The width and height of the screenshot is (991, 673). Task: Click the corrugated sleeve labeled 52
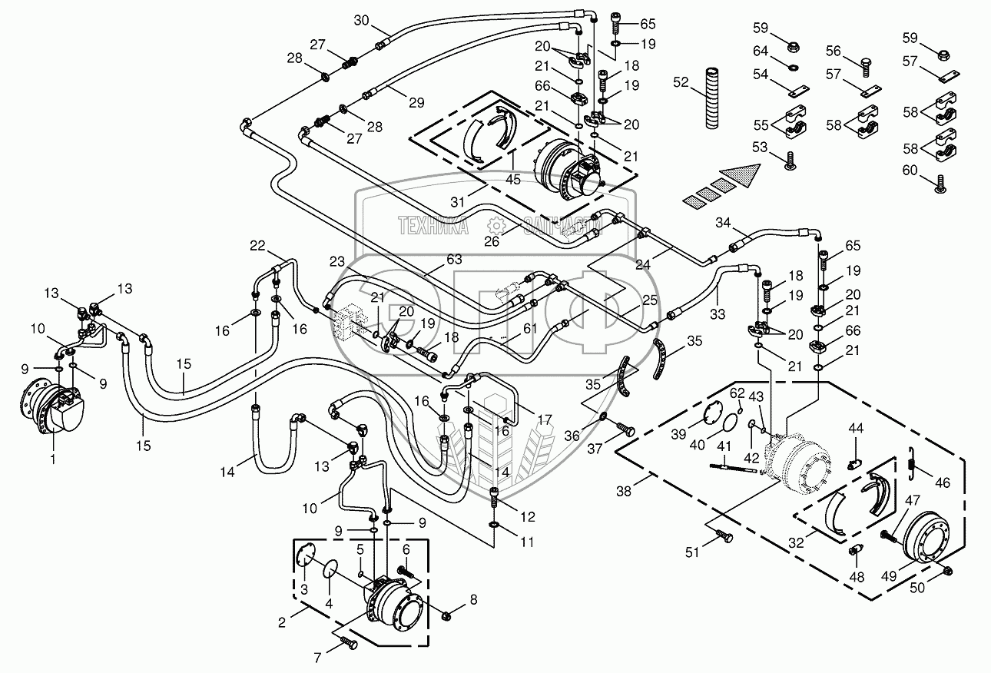[x=713, y=98]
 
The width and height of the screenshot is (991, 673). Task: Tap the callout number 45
[x=513, y=180]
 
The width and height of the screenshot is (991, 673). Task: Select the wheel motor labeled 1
[x=53, y=407]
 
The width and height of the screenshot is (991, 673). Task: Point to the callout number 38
[x=624, y=491]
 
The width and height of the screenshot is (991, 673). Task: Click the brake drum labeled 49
[x=925, y=543]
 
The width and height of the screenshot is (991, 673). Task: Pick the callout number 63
[x=454, y=259]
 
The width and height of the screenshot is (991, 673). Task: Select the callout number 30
[x=361, y=20]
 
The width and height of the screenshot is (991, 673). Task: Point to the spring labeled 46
[x=910, y=462]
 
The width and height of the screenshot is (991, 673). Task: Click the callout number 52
[x=681, y=82]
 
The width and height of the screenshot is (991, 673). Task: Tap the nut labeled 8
[x=446, y=615]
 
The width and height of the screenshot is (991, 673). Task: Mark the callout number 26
[x=492, y=241]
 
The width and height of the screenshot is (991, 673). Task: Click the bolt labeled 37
[x=625, y=429]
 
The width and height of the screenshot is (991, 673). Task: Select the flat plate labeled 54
[x=800, y=91]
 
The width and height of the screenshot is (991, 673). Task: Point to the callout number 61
[x=529, y=329]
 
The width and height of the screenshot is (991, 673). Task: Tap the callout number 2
[x=282, y=622]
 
